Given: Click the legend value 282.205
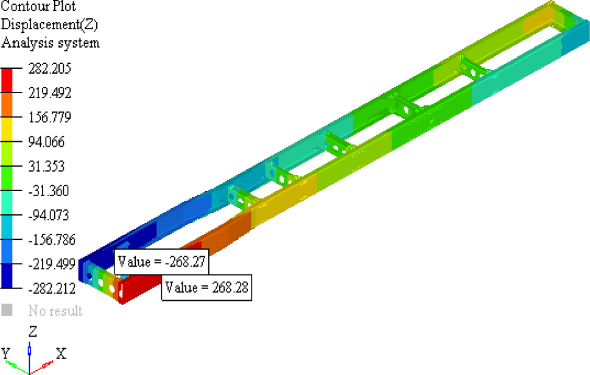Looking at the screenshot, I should [50, 69].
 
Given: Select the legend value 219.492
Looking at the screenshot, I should [50, 93].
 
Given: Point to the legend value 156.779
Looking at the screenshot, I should [50, 117].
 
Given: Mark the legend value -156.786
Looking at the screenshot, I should [52, 239].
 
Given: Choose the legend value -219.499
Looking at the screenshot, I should [52, 264].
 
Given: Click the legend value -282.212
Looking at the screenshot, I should [52, 288].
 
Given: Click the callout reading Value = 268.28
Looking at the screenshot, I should [207, 287].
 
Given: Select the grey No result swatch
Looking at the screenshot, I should [7, 310].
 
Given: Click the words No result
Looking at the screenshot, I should [55, 311].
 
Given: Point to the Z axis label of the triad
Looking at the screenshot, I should [33, 332].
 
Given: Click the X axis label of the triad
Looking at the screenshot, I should [61, 353].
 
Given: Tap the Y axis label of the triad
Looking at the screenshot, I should [5, 353].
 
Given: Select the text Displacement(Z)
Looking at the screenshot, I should [49, 25].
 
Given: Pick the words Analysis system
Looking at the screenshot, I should [51, 43].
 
